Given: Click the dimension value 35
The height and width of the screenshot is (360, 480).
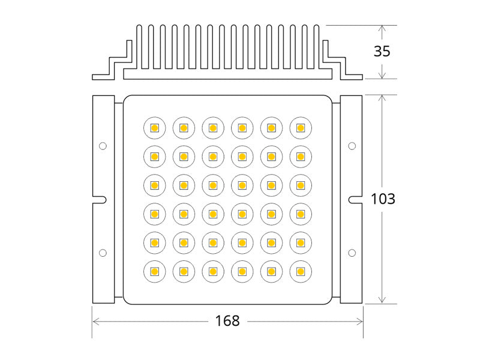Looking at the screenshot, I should point(382,51).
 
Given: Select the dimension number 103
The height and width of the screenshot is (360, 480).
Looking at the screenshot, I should point(382,199).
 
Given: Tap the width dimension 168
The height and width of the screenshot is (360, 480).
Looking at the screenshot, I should point(227,321).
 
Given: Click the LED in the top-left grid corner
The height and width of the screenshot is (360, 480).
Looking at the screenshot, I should point(154,128).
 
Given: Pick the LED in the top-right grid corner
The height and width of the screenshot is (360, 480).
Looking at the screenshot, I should point(301,128).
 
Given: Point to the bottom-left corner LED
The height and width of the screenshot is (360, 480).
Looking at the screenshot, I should point(154,272).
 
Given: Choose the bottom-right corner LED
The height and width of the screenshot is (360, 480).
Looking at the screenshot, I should point(301,272).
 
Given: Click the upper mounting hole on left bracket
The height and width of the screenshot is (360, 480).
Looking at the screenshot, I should point(103,146).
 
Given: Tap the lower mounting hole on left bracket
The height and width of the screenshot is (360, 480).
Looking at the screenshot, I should point(103,252).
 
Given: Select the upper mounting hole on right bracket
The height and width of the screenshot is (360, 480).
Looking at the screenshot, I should point(352,146).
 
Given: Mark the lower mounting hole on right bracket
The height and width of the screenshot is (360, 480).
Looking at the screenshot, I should point(352,252).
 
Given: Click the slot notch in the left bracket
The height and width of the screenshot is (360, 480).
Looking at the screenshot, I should point(101,199).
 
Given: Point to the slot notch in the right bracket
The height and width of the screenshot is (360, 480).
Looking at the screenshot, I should point(353,199).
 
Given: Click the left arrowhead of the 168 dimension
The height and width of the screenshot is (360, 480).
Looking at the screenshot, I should point(95,321).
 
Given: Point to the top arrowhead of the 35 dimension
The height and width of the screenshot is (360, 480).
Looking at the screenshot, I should point(382,28).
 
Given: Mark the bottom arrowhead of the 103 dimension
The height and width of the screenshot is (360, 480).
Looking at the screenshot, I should point(382,300).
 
